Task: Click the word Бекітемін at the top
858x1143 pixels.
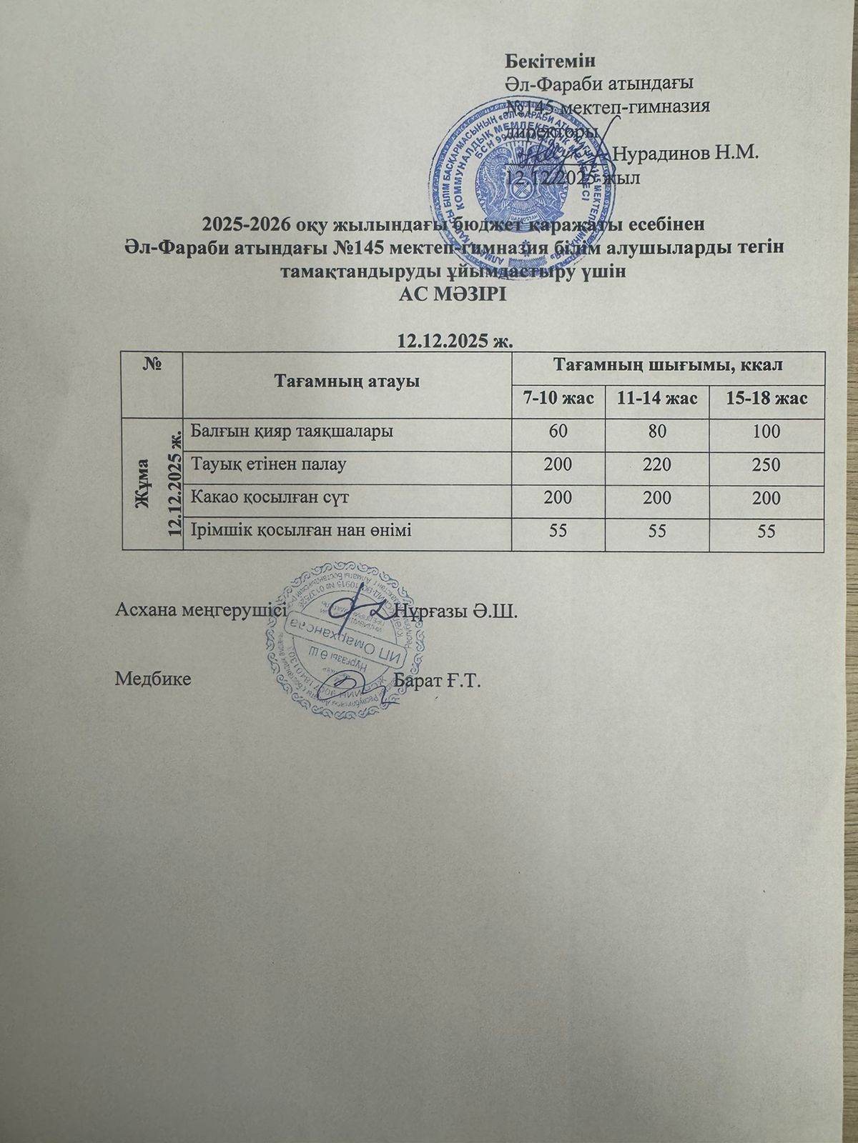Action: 550,61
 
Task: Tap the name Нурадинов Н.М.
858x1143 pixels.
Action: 686,153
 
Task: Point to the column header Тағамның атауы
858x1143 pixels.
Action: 347,381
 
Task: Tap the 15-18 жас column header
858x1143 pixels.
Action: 766,398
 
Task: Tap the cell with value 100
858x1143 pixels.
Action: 766,432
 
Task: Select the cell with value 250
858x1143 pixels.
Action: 766,465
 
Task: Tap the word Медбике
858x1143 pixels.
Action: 153,678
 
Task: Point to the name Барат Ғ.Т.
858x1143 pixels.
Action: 438,679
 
